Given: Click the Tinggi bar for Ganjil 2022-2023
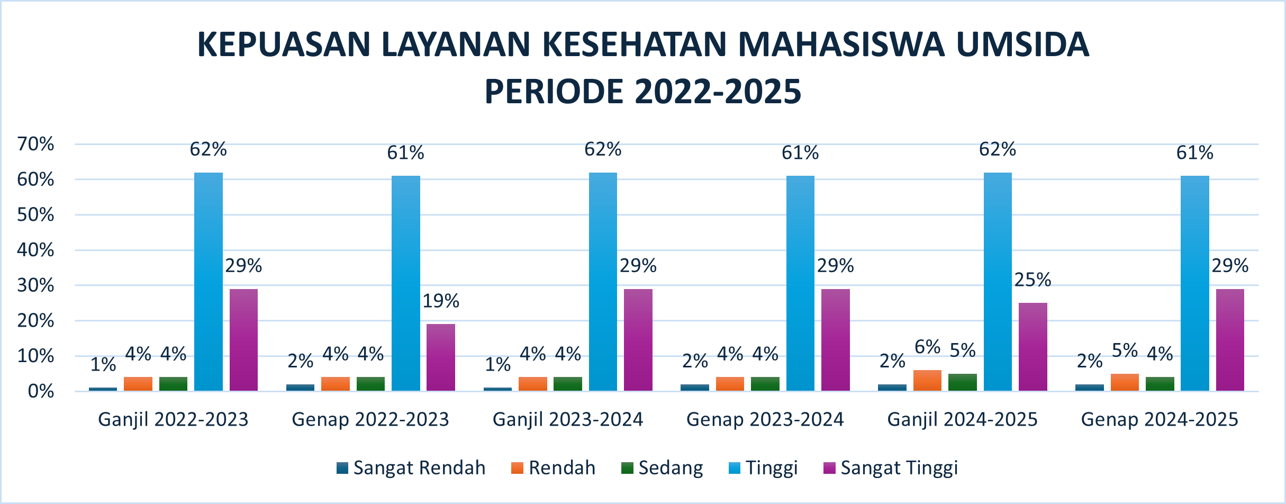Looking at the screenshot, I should point(209,282).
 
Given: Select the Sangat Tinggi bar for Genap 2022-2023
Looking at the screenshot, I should point(441,357).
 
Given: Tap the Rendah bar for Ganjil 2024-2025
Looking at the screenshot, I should point(927,381).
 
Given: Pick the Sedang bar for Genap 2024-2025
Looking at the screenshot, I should point(1160,384).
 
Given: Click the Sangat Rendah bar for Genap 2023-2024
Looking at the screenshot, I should point(694,388).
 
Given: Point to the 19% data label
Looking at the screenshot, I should point(441,301).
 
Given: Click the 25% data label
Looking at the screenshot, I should point(1033,280).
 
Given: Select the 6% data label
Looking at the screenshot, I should point(927,347).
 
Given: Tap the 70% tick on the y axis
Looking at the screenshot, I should point(36,144).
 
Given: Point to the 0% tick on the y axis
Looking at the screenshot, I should point(41,392).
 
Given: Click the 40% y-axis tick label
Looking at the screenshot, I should point(36,250).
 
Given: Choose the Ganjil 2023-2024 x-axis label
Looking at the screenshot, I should point(568,420).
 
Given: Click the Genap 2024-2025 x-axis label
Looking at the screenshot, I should point(1160,420).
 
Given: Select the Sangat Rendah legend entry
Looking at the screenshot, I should point(411,468).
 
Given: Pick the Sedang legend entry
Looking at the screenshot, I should point(663,468).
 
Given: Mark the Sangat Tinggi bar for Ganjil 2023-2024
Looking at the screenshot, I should point(638,340).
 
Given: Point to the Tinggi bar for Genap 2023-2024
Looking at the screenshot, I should point(800,283).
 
